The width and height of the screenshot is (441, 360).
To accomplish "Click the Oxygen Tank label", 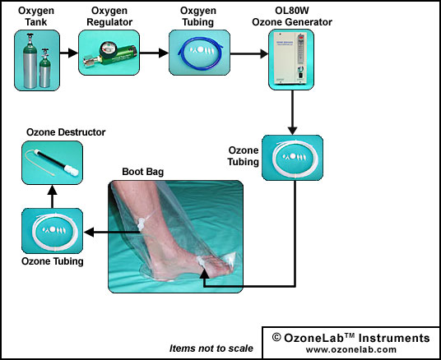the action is tap(36, 16).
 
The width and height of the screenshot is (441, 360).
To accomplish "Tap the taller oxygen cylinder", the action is tap(30, 61).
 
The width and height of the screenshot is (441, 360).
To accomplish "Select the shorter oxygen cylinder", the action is tap(45, 68).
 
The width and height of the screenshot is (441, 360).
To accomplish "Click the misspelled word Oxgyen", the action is tap(198, 11).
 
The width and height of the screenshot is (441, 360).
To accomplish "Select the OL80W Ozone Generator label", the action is tap(292, 16).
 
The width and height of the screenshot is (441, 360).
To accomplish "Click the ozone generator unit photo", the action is tap(291, 59).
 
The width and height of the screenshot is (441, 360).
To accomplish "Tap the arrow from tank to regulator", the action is tap(69, 53).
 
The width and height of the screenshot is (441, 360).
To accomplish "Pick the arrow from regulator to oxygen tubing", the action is tap(154, 53).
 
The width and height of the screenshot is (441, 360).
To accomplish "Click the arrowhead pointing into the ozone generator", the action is tap(264, 53).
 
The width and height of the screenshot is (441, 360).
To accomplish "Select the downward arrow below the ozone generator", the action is tap(293, 113).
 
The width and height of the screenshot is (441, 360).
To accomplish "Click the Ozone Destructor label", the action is tap(66, 132).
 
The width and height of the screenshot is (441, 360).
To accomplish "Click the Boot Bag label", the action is tap(143, 172).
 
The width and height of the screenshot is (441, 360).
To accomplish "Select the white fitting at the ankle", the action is tap(140, 224).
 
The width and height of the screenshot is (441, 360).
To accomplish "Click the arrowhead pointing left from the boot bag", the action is tap(89, 233).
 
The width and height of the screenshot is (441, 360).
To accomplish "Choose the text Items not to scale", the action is tap(211, 348).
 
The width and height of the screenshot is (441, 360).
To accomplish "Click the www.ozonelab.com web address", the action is tap(351, 349).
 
